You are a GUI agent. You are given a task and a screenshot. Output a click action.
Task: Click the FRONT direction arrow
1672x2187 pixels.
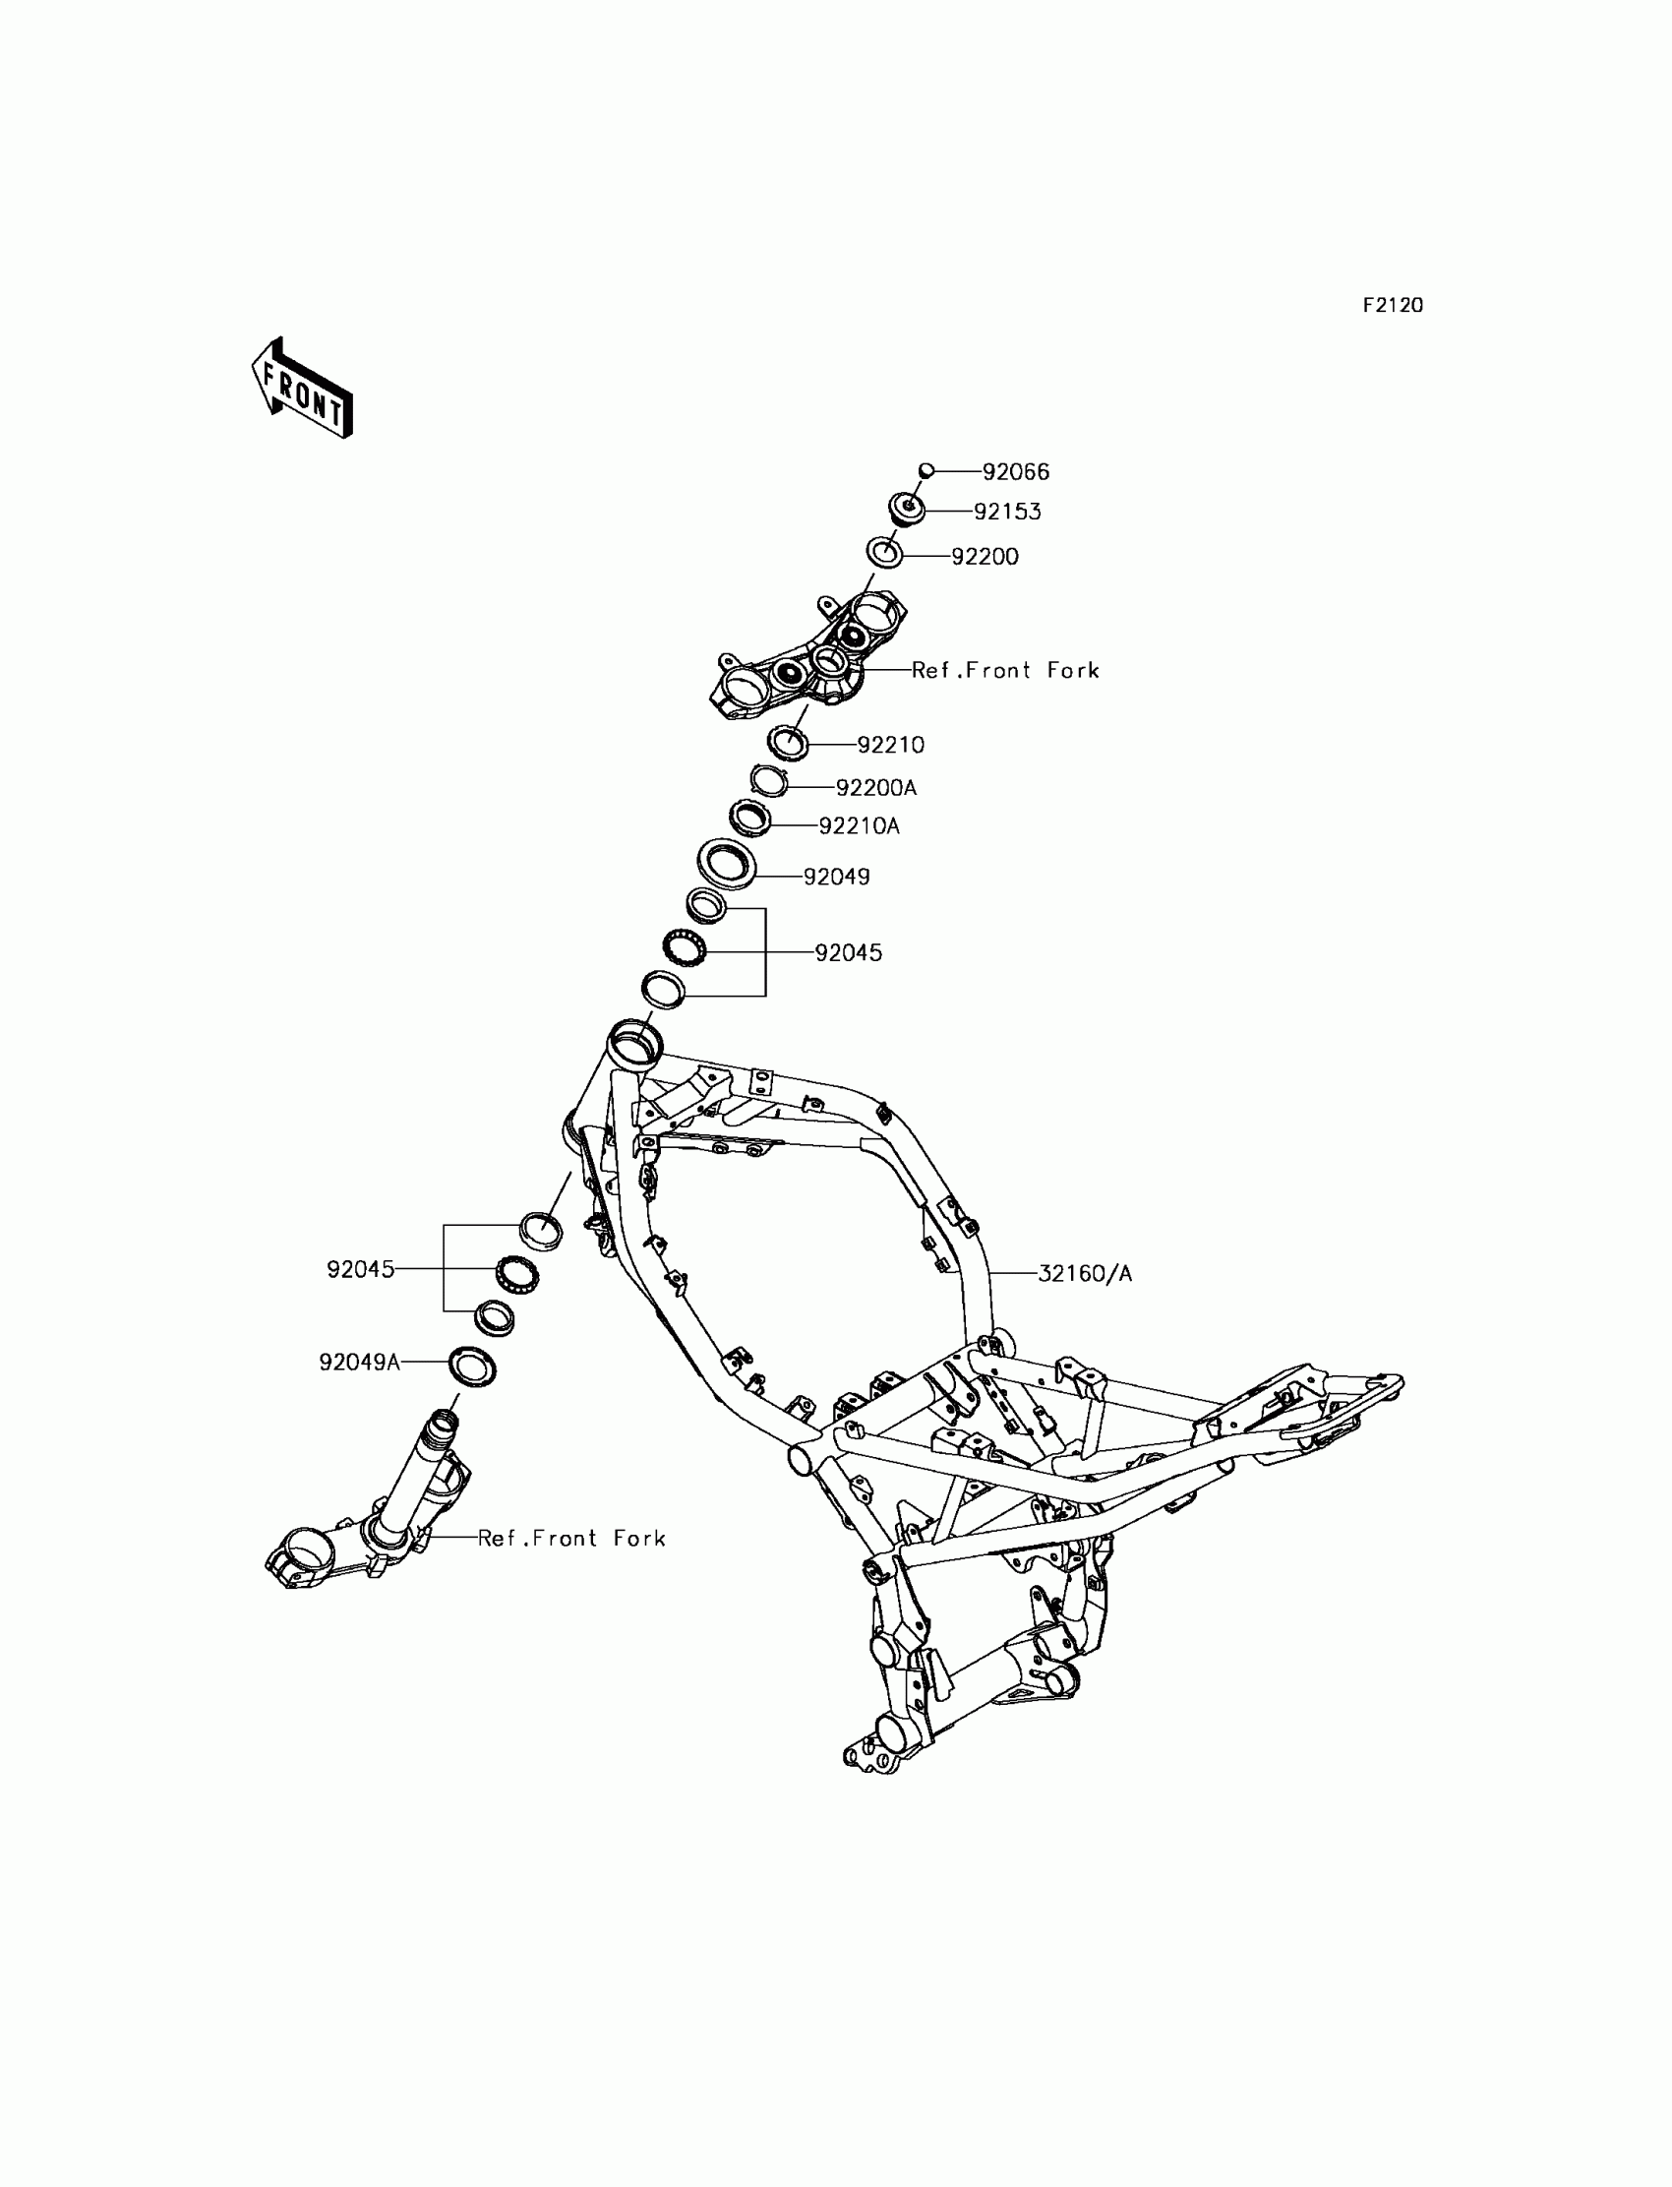click(302, 390)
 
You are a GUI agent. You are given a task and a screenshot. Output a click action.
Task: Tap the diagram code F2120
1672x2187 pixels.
click(1393, 306)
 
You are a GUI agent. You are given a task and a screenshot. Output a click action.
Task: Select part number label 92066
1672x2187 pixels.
click(1015, 472)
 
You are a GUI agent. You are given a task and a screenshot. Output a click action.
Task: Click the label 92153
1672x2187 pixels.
click(1006, 512)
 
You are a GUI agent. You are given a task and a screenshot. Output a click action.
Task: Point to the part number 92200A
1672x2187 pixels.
click(875, 788)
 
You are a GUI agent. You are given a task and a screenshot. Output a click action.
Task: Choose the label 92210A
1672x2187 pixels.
click(859, 826)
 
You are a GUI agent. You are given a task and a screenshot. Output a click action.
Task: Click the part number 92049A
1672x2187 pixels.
click(359, 1362)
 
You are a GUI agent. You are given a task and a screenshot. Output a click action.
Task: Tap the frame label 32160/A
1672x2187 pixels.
click(1085, 1273)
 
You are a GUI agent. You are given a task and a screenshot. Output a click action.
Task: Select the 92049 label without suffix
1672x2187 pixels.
click(836, 877)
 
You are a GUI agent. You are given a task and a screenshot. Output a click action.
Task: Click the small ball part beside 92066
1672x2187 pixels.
click(926, 470)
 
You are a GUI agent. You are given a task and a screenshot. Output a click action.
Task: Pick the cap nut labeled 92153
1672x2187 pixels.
click(907, 510)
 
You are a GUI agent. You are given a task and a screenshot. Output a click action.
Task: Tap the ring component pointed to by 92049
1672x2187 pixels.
click(726, 862)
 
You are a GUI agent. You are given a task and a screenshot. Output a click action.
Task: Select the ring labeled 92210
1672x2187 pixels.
click(788, 742)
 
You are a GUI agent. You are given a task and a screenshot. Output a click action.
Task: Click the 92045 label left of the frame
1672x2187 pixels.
click(360, 1269)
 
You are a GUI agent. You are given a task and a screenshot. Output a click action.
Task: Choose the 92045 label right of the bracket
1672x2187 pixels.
click(848, 952)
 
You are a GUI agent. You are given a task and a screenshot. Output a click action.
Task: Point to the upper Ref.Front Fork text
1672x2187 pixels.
click(1005, 671)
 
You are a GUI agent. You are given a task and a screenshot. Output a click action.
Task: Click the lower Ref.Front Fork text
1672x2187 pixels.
click(571, 1538)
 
